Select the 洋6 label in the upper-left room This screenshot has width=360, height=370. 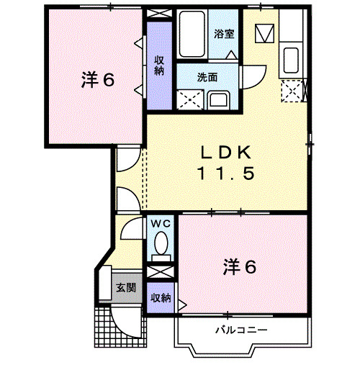click(98, 80)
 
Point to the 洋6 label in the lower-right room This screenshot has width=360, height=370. click(240, 267)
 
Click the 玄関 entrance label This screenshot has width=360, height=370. click(126, 288)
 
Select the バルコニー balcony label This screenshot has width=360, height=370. click(242, 329)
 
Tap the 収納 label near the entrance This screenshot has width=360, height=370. click(161, 297)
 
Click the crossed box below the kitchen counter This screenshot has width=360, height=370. click(292, 89)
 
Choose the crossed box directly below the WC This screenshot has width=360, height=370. click(161, 273)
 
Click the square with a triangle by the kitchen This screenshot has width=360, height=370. click(265, 33)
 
